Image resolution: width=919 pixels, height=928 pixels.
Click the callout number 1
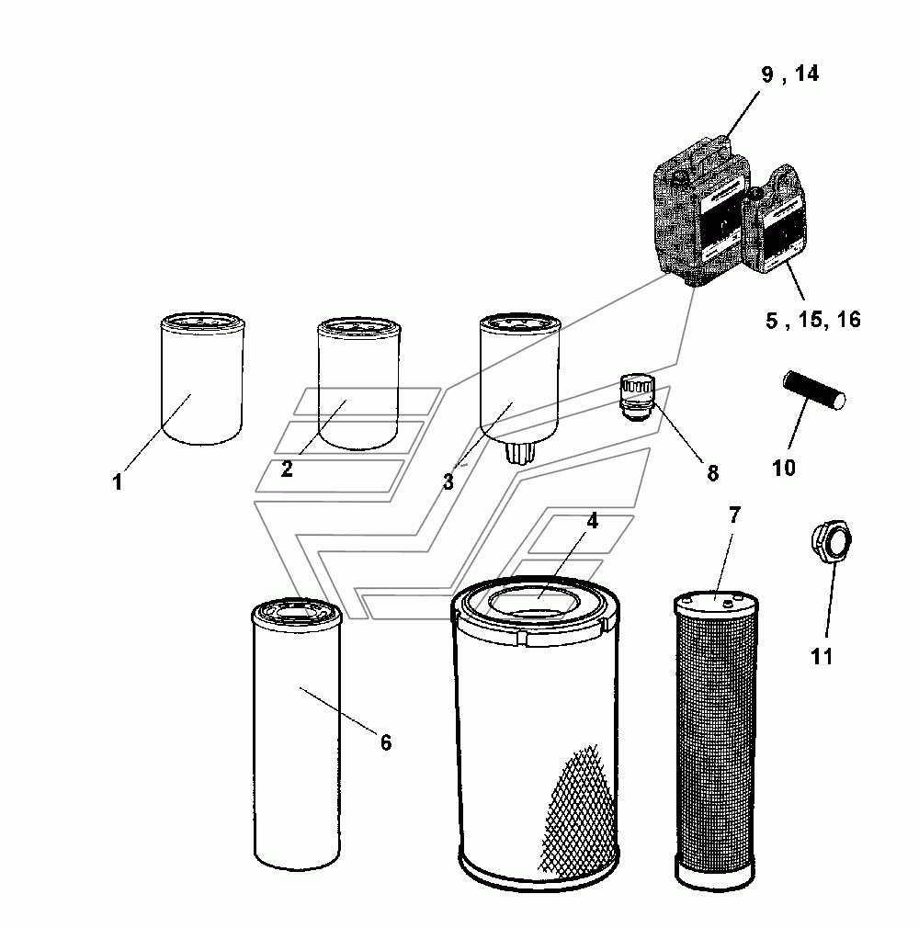pos(118,481)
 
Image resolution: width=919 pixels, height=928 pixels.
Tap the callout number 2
pos(287,469)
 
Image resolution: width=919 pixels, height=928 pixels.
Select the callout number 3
pos(448,481)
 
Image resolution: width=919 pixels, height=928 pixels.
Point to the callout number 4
pos(592,521)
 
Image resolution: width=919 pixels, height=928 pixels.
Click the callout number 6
pos(385,742)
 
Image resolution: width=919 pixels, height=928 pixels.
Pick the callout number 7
pos(734,515)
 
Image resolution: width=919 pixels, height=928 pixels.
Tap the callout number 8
pos(712,473)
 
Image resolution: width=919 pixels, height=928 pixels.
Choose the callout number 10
pos(783,469)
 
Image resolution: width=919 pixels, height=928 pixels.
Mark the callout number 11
pos(822,656)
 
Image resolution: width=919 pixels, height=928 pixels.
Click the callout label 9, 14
pos(790,74)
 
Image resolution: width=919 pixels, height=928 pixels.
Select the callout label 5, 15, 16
pos(813,320)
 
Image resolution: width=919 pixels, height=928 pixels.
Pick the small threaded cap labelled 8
pos(637,397)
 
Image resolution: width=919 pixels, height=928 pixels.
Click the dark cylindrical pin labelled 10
pos(814,390)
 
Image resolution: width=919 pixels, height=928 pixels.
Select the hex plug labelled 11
pos(831,539)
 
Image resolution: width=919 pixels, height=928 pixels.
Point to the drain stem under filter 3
pos(520,453)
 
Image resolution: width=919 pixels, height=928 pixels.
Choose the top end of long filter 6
pos(296,612)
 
